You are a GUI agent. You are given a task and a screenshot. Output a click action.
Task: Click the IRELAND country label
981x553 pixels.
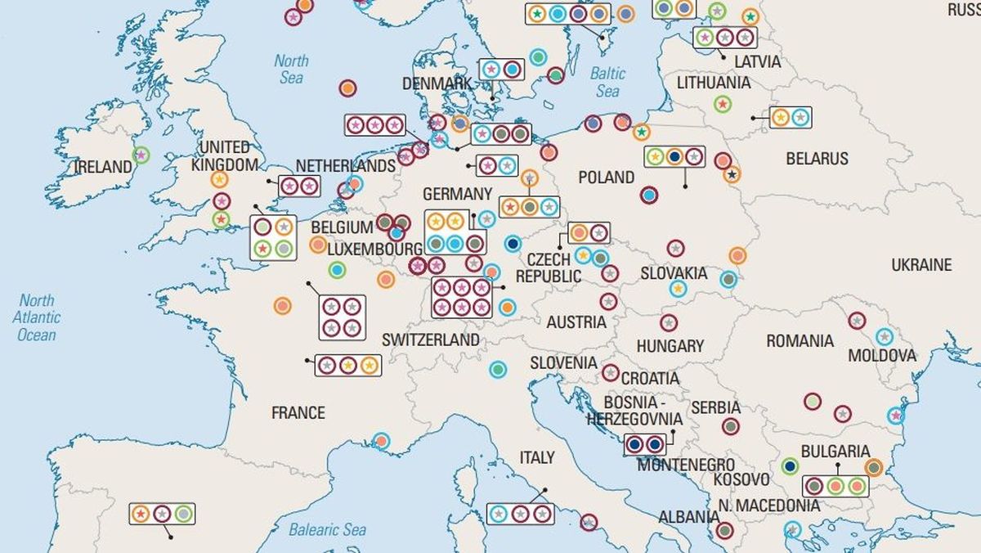coord(103,167)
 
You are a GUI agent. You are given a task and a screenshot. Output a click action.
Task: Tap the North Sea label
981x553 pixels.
coord(291,69)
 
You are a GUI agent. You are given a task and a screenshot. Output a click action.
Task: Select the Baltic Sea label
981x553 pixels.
coord(607,81)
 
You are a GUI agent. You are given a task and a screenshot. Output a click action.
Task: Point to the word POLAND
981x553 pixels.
coord(606,177)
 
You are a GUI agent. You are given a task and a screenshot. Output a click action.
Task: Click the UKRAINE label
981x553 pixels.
coord(921,265)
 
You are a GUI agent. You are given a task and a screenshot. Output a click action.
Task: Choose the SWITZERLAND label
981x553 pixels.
coord(431,339)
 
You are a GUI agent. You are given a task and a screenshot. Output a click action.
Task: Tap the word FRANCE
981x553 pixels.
coord(298,412)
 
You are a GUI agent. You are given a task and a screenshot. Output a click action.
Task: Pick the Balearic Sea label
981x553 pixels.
coord(327,530)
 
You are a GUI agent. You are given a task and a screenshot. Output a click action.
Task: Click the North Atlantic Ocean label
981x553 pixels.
coord(37,317)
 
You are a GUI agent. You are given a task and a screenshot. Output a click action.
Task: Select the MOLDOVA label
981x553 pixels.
coord(882,356)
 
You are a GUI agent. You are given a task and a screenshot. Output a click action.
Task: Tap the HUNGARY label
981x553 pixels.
coord(670,346)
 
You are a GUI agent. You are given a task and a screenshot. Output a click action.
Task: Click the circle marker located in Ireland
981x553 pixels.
coord(141,154)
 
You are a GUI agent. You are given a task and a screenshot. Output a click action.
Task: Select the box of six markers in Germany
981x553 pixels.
coord(461,297)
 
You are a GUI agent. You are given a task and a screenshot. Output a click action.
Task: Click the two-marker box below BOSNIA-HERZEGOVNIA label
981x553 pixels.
coord(644,444)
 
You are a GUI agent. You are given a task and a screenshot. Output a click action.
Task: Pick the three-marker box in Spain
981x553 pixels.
coord(162,514)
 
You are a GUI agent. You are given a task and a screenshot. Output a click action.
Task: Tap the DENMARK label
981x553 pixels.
coord(437,83)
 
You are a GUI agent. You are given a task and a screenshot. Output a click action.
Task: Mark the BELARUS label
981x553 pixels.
coord(817,159)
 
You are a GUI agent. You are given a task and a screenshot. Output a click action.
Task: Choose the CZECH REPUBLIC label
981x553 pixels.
coord(549,268)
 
